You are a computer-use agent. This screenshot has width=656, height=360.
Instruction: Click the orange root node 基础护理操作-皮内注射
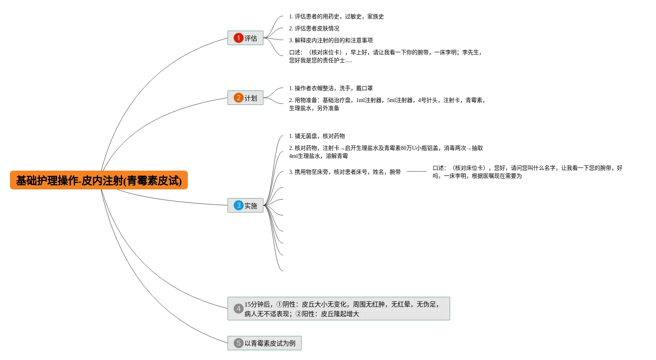coord(98,180)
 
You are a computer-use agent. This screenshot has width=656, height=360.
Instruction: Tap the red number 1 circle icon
coord(238,38)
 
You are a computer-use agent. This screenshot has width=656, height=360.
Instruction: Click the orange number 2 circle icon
coord(238,98)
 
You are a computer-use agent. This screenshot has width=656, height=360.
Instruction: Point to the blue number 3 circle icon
coord(238,205)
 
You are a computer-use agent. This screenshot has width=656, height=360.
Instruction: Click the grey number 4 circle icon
coord(238,309)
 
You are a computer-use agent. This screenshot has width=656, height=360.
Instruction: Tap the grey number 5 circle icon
coord(238,343)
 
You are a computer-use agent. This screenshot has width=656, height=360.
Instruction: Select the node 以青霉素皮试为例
coord(270,343)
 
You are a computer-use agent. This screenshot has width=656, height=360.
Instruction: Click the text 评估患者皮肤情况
coord(317,28)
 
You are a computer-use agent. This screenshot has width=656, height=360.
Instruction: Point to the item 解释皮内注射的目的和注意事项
coord(333,40)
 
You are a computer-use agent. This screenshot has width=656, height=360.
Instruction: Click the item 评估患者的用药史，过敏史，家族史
coord(339,16)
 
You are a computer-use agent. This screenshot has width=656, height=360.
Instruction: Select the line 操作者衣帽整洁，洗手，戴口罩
coord(333,88)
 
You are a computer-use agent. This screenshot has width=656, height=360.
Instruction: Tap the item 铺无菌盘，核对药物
coord(319,136)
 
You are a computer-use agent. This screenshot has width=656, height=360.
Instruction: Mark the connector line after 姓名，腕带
coord(416,171)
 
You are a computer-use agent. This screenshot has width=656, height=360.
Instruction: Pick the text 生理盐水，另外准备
coord(314,108)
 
